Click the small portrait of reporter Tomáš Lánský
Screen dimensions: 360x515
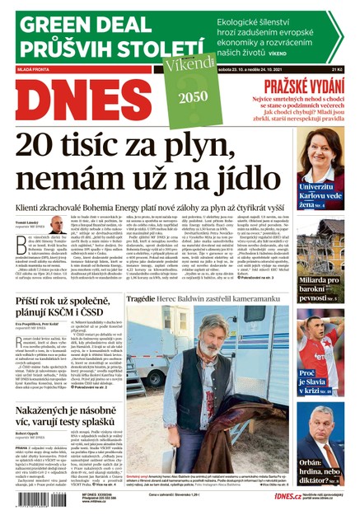56,224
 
